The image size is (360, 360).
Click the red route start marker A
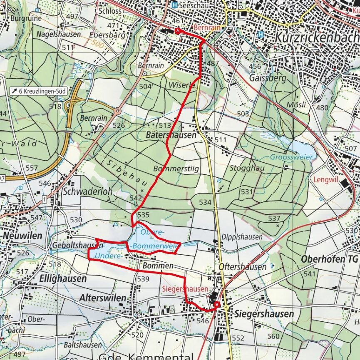pos(178,31)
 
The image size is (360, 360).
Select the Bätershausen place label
pos(171,135)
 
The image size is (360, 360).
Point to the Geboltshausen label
pos(72,246)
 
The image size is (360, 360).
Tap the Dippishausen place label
pos(245,237)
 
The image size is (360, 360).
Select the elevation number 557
pos(32,168)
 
